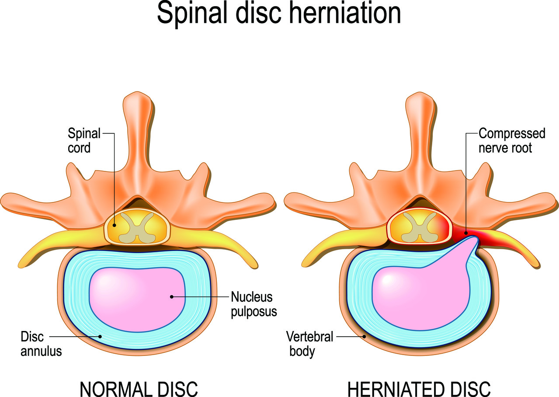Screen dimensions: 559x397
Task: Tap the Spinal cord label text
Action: [x=84, y=141]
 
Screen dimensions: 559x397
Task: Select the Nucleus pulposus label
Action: [x=254, y=304]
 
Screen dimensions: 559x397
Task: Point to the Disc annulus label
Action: [x=41, y=344]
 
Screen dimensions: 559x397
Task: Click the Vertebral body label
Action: [x=310, y=344]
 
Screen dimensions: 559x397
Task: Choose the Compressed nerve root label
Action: [x=512, y=140]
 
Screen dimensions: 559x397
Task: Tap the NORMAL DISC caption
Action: [x=139, y=389]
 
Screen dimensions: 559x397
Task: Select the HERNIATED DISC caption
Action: [x=419, y=389]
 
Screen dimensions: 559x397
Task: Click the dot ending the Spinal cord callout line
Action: [x=115, y=225]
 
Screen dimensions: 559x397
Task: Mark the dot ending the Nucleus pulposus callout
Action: [x=172, y=297]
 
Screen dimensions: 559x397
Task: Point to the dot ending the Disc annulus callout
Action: [x=100, y=336]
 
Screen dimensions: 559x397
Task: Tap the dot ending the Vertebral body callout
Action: [x=365, y=336]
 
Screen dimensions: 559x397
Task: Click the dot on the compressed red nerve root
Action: [x=466, y=233]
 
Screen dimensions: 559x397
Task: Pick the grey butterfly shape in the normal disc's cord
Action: [x=137, y=228]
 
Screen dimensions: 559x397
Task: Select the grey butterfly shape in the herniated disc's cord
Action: [x=420, y=227]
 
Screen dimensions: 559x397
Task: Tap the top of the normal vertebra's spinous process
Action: [x=137, y=92]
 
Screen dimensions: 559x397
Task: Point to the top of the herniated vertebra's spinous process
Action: [x=420, y=93]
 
